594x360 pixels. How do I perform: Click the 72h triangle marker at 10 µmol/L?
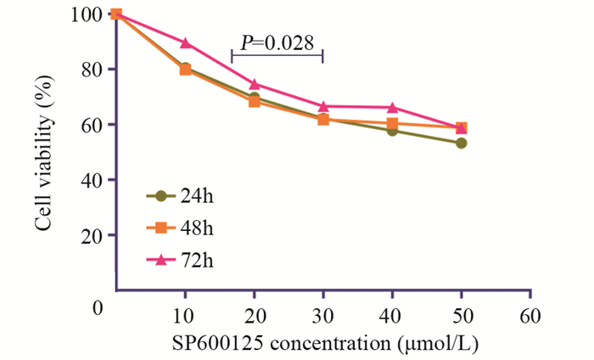185,42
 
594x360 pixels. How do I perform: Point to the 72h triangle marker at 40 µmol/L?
392,107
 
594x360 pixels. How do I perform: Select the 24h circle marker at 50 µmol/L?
461,143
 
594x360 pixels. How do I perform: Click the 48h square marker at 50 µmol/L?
461,127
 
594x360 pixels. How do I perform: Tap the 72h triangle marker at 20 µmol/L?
254,84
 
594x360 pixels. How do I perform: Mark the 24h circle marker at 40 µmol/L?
392,130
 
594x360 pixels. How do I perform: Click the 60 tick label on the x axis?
530,316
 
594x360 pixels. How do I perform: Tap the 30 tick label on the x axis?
322,316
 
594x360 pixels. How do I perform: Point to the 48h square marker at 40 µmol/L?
392,123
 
